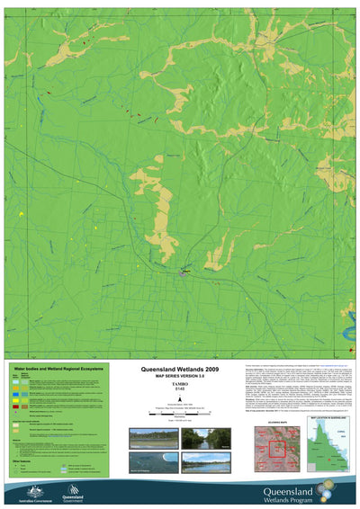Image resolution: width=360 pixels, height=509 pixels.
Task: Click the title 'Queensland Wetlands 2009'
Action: tap(179, 369)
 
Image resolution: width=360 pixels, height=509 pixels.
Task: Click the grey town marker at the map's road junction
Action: tap(184, 272)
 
